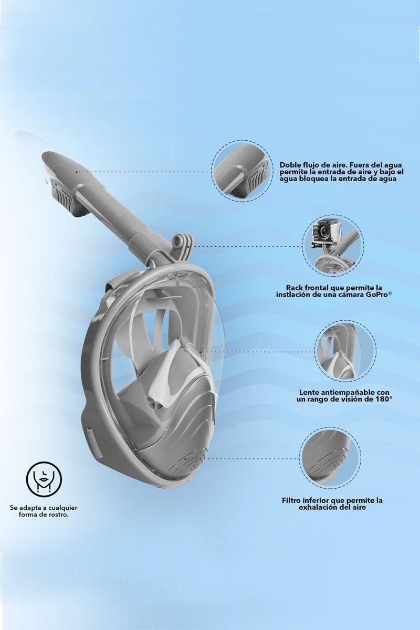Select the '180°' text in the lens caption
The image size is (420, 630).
(383, 399)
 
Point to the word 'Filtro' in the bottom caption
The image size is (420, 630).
(293, 500)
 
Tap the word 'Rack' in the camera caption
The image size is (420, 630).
(296, 288)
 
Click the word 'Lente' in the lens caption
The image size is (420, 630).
(310, 392)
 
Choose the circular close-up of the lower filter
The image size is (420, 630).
(330, 456)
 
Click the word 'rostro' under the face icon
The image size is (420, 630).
(58, 515)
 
